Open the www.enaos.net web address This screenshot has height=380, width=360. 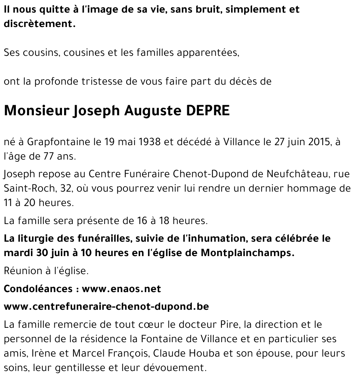[x=121, y=289]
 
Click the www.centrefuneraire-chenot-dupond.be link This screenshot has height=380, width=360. [x=106, y=307]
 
